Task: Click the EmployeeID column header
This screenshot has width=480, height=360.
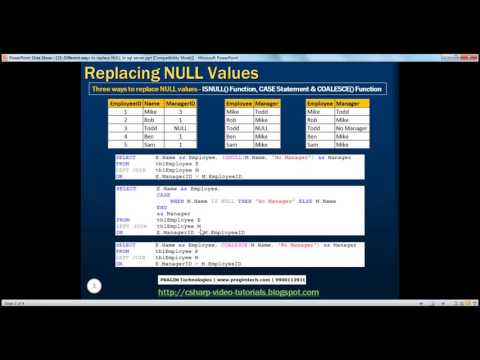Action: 124,103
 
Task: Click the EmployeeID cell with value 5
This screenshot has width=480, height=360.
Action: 124,145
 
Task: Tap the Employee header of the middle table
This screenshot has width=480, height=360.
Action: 239,103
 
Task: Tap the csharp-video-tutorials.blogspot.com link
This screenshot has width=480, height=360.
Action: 238,293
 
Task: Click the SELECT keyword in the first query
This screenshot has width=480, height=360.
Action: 125,158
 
